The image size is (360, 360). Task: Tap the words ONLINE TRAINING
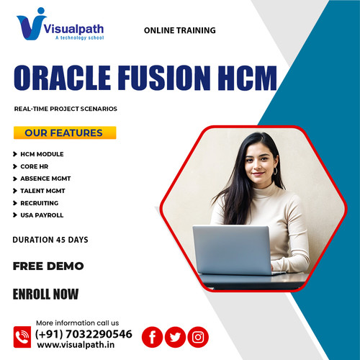[179, 31]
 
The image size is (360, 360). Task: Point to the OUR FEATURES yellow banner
[63, 133]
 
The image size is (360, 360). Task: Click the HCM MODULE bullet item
[42, 154]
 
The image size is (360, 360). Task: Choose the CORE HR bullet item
[34, 166]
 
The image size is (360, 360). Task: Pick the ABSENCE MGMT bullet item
[45, 179]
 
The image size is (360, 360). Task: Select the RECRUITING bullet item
[39, 203]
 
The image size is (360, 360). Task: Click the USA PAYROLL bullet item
[42, 215]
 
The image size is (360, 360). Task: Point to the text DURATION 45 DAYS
[50, 239]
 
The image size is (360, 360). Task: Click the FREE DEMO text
[48, 266]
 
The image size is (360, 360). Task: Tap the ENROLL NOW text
[46, 294]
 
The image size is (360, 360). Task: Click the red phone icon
[22, 336]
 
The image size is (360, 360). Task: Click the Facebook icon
[152, 336]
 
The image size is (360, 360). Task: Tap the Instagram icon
[198, 336]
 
